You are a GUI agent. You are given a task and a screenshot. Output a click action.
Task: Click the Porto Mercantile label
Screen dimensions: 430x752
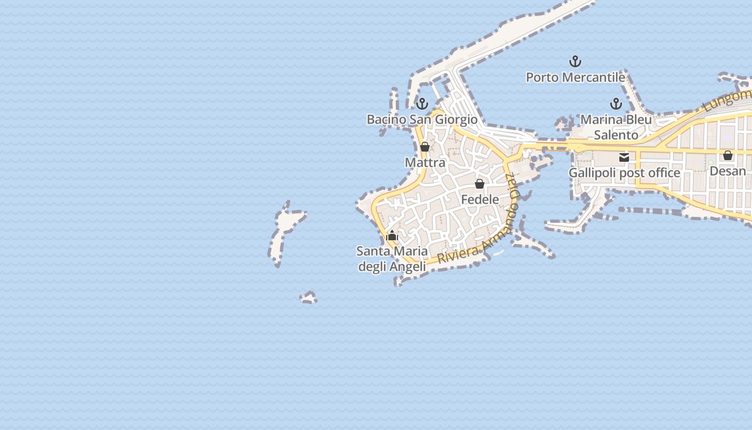(x=575, y=77)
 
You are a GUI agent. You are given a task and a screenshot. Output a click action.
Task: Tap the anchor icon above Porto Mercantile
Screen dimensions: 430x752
(x=575, y=61)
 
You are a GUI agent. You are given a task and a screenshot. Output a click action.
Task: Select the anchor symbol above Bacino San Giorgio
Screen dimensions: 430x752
(x=422, y=103)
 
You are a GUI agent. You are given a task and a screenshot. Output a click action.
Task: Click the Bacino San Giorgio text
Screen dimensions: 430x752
(x=422, y=119)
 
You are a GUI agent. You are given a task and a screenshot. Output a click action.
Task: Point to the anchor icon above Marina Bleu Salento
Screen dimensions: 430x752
(x=616, y=103)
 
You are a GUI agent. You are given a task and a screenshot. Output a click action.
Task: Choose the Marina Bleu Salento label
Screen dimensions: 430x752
(x=616, y=127)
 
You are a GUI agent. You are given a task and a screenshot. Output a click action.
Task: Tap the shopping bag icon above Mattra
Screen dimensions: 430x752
(x=425, y=147)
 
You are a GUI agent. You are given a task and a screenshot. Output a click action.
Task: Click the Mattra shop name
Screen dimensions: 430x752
(x=425, y=162)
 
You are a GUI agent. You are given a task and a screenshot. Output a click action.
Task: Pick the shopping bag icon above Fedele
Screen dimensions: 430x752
(x=480, y=184)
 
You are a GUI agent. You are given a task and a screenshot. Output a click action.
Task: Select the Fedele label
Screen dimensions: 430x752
(x=480, y=199)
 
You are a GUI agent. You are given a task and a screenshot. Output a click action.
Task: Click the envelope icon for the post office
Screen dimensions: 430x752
(x=624, y=157)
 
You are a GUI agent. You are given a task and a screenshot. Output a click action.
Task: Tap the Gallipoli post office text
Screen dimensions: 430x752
(x=624, y=173)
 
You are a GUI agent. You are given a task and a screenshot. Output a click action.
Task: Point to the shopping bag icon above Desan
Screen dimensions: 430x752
(x=728, y=155)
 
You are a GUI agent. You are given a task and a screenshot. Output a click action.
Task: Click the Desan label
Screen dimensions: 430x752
(x=728, y=171)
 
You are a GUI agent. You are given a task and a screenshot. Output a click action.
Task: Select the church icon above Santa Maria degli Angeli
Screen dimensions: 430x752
(x=392, y=235)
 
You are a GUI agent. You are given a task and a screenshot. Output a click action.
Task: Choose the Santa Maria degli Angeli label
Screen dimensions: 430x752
(x=392, y=259)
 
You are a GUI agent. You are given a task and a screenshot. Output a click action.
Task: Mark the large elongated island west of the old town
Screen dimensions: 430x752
(x=285, y=231)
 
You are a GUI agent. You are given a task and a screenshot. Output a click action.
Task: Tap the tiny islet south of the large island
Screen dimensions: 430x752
(x=308, y=297)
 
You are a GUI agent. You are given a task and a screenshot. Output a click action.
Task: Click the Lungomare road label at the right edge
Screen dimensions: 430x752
(x=728, y=100)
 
